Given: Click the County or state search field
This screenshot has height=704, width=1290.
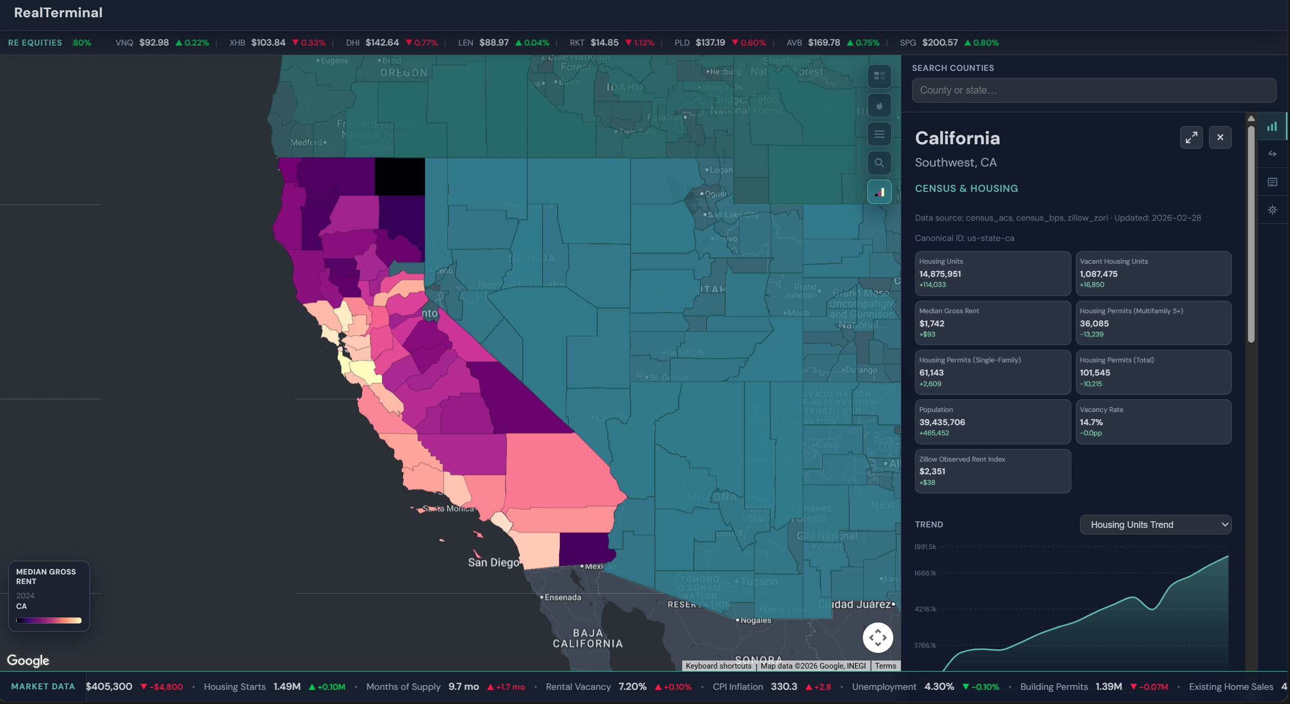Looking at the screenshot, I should (x=1093, y=90).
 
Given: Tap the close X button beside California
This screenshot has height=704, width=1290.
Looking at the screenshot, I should (x=1220, y=137).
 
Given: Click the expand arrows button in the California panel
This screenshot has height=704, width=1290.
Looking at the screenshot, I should (x=1191, y=137).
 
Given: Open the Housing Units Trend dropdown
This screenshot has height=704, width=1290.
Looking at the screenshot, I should (x=1155, y=525).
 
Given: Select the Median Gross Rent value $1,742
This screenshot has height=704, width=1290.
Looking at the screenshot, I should (x=932, y=323).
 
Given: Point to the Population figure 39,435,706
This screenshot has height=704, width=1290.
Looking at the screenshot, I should (x=942, y=422).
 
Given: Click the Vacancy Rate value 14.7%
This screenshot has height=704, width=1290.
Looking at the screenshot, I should (x=1091, y=422).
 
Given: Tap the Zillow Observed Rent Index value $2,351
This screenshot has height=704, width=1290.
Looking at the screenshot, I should (x=932, y=471).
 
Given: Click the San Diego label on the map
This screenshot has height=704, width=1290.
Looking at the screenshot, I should (x=493, y=562).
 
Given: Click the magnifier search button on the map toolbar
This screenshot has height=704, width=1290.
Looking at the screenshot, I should (x=879, y=163).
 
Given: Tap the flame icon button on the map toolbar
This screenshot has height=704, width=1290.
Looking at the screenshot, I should (x=879, y=105).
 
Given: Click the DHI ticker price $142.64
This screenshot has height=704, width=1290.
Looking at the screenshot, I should (x=382, y=43).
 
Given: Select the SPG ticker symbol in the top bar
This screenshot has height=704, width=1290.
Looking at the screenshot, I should (x=907, y=43).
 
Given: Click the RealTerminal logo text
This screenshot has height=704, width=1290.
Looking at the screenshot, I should (x=58, y=13).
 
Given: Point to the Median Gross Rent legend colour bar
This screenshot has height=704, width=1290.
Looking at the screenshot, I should (x=49, y=620).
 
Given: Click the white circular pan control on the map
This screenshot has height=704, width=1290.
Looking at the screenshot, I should (x=878, y=638).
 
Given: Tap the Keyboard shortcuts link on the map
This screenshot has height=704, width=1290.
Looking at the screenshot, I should (x=718, y=666).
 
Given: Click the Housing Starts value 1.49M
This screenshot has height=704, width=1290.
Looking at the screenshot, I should (x=287, y=687).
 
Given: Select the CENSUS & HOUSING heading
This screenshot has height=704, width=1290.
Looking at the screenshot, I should (x=966, y=188).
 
